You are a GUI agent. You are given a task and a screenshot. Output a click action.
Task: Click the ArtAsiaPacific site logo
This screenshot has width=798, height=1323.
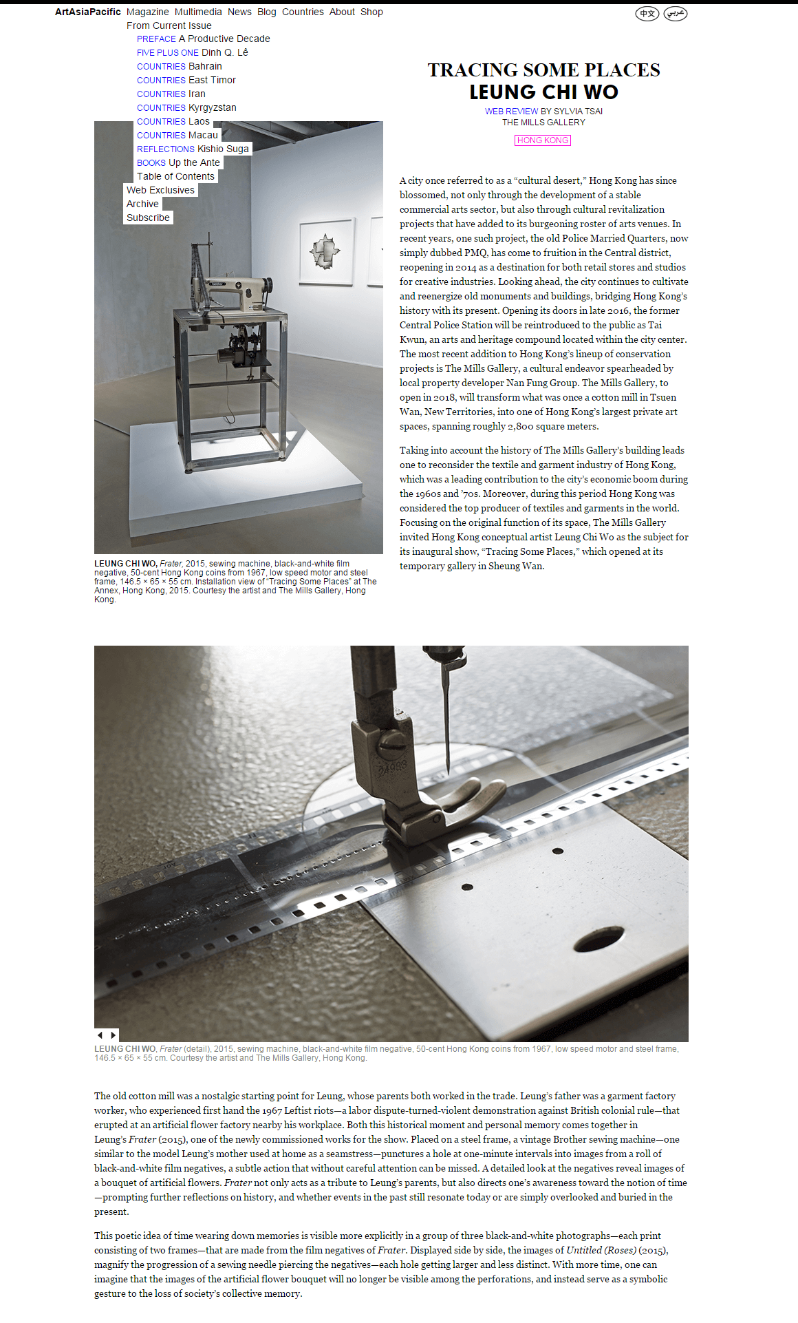(87, 12)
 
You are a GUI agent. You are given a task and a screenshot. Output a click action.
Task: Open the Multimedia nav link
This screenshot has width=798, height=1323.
(198, 12)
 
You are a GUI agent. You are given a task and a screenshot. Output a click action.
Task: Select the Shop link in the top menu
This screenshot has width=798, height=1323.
(371, 12)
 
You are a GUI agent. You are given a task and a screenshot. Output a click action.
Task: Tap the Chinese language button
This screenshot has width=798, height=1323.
(647, 13)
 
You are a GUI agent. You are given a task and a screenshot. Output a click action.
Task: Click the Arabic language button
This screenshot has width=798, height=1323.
(676, 13)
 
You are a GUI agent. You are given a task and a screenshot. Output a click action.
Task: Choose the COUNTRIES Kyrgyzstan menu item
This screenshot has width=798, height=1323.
(186, 107)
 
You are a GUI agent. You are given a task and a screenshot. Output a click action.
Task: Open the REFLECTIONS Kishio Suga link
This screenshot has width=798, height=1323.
(193, 149)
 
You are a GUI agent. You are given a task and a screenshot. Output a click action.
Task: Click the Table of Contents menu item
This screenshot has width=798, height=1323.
(175, 176)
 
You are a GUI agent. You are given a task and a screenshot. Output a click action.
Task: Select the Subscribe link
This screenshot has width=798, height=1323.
(148, 218)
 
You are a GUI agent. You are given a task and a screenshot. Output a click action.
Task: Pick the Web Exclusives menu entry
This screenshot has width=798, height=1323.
(160, 190)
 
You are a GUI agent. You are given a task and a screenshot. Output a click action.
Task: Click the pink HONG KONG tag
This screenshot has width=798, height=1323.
(543, 140)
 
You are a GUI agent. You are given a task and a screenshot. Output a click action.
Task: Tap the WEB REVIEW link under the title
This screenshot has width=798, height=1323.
(511, 111)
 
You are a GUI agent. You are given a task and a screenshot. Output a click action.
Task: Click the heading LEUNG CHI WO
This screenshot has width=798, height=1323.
(543, 92)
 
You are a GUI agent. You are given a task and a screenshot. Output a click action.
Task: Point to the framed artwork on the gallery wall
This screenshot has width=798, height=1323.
(327, 251)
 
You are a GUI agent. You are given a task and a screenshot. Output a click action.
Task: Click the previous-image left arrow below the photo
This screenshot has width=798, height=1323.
(100, 1035)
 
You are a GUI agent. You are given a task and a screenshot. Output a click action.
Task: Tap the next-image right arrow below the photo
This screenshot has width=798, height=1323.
(114, 1035)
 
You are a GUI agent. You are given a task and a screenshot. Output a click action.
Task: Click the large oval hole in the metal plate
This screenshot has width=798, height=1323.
(598, 939)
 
